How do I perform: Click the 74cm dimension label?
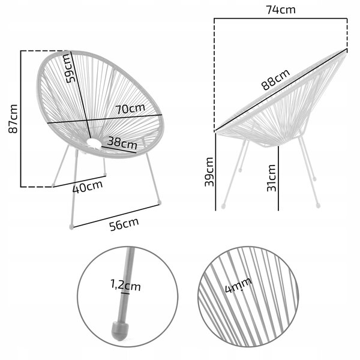pyautogui.click(x=281, y=10)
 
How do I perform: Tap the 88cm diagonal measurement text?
pyautogui.click(x=275, y=79)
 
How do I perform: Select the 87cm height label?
pyautogui.click(x=13, y=119)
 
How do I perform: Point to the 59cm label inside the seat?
pyautogui.click(x=70, y=68)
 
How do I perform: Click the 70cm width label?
pyautogui.click(x=130, y=109)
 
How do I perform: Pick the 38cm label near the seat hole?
pyautogui.click(x=122, y=143)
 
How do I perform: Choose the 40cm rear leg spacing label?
pyautogui.click(x=88, y=187)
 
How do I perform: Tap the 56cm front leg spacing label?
pyautogui.click(x=124, y=224)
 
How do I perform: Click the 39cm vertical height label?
pyautogui.click(x=209, y=172)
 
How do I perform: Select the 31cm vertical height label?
pyautogui.click(x=271, y=178)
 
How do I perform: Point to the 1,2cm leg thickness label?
pyautogui.click(x=125, y=286)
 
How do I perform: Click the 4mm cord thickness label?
pyautogui.click(x=238, y=286)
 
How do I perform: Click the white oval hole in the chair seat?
pyautogui.click(x=94, y=143)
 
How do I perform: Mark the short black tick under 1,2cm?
pyautogui.click(x=125, y=293)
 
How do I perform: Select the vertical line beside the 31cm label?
pyautogui.click(x=278, y=178)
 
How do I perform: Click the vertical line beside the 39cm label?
pyautogui.click(x=215, y=172)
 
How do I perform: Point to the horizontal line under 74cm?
pyautogui.click(x=281, y=19)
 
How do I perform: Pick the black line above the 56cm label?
pyautogui.click(x=116, y=216)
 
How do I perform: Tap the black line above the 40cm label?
pyautogui.click(x=80, y=181)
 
